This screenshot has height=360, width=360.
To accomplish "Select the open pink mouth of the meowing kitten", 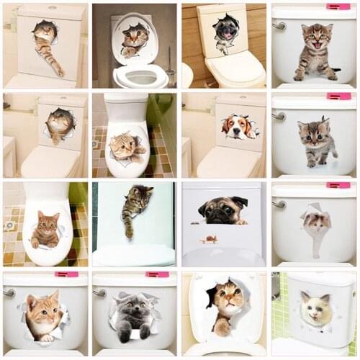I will (x=316, y=45).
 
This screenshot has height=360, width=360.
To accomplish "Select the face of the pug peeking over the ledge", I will (x=224, y=210).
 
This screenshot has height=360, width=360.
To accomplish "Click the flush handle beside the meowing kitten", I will (x=278, y=26).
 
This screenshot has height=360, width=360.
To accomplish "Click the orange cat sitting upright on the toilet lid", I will (x=45, y=231).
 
